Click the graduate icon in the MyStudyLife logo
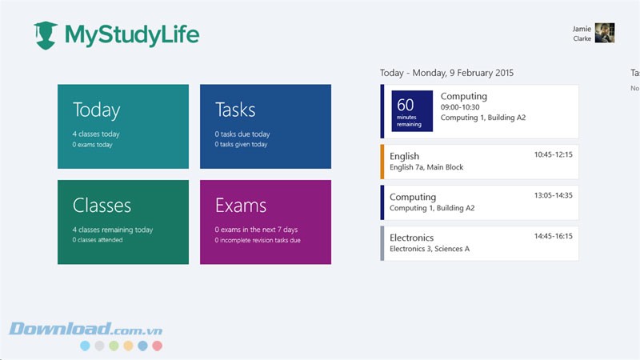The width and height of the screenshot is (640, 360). point(46,34)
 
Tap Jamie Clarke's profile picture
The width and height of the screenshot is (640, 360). point(605,32)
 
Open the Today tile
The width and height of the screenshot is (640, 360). point(123,126)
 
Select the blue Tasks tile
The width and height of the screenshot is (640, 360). point(266,126)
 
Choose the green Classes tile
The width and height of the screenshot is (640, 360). point(123,222)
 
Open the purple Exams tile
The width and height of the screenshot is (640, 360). point(266,222)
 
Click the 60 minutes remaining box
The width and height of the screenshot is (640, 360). point(412,111)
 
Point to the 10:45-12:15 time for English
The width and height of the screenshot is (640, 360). point(553,154)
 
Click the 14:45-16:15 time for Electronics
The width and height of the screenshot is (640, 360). point(553,236)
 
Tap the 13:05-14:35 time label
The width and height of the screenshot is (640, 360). point(553,194)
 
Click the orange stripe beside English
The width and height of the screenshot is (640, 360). point(382,162)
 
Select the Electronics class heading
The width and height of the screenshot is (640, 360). point(411,238)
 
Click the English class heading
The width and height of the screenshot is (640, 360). point(404,156)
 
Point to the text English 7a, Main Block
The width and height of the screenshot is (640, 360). point(426,167)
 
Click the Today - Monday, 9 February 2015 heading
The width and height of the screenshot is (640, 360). point(446,73)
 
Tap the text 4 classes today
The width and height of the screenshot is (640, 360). point(96,134)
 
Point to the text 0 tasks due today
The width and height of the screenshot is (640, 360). point(242,134)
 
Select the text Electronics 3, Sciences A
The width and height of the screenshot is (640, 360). point(430,249)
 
